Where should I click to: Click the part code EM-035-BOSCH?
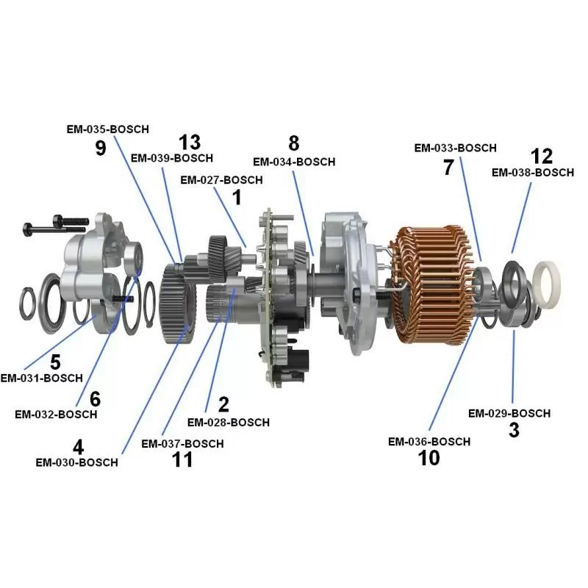(107, 129)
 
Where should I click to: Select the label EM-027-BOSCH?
(221, 180)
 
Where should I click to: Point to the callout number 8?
(294, 143)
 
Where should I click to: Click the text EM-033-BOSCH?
(455, 148)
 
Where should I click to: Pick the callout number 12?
(541, 156)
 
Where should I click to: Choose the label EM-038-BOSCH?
(532, 173)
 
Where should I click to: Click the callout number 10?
(429, 458)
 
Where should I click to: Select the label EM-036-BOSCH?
(429, 442)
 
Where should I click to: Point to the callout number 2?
(223, 404)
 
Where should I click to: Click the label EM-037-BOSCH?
(182, 444)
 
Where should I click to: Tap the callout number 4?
(78, 447)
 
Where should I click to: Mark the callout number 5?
(55, 362)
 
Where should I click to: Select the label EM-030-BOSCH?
(76, 463)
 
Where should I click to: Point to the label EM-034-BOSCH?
(294, 162)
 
